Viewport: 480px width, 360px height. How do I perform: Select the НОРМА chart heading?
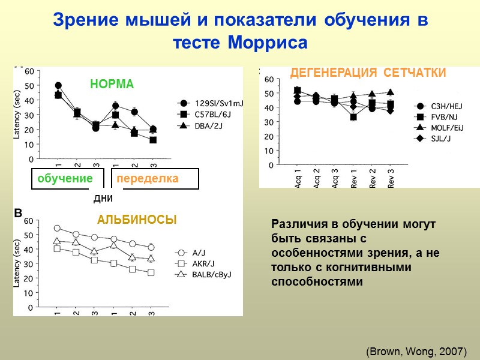(112, 85)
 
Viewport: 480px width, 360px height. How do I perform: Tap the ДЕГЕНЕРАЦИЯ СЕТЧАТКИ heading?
(368, 73)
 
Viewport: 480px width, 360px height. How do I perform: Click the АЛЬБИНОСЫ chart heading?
(137, 220)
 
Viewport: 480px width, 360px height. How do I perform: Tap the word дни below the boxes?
(104, 198)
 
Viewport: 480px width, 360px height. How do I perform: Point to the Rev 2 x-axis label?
(373, 178)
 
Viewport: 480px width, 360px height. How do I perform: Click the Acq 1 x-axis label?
(298, 178)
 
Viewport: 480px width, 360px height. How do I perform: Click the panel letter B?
(18, 214)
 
